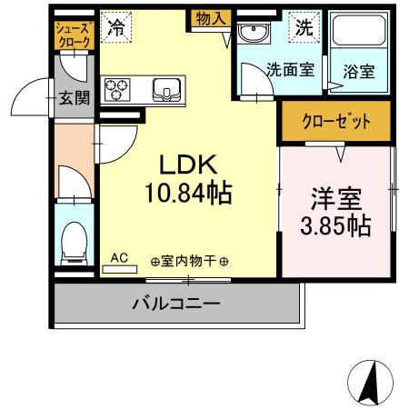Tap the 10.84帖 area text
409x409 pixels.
click(189, 193)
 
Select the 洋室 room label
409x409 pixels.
click(335, 196)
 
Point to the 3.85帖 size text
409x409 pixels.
click(335, 224)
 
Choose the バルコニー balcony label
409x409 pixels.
click(177, 303)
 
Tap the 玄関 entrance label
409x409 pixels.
click(75, 97)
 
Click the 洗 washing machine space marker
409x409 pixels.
click(304, 26)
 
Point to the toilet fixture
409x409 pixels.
click(73, 241)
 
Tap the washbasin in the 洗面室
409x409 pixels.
click(252, 35)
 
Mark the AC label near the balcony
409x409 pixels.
click(119, 258)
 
